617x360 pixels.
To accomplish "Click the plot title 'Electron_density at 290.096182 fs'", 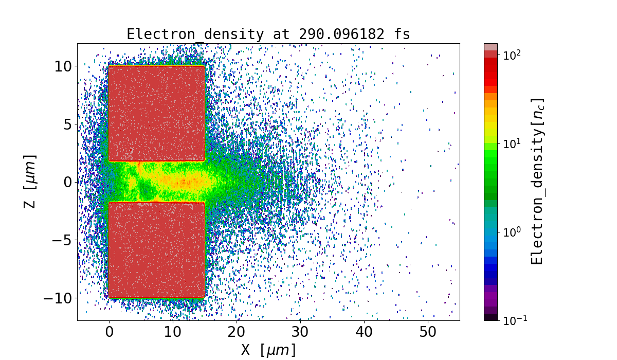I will tap(268, 34).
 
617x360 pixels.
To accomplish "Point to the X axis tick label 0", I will tap(109, 332).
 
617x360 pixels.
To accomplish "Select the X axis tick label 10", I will tap(173, 332).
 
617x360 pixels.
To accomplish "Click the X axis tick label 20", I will tap(237, 332).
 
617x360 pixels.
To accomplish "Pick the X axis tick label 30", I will tap(300, 332).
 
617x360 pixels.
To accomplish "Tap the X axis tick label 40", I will tap(364, 332).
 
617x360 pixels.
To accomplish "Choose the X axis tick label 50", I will tap(428, 332).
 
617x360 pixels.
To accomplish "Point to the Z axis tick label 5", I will tap(68, 124).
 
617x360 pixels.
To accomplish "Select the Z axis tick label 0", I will tap(68, 182).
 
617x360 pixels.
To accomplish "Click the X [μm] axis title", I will tap(268, 350).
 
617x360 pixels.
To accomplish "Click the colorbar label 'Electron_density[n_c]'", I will tap(537, 182).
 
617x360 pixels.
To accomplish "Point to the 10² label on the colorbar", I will tap(512, 55).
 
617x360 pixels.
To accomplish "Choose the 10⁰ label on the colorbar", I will tap(512, 231).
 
